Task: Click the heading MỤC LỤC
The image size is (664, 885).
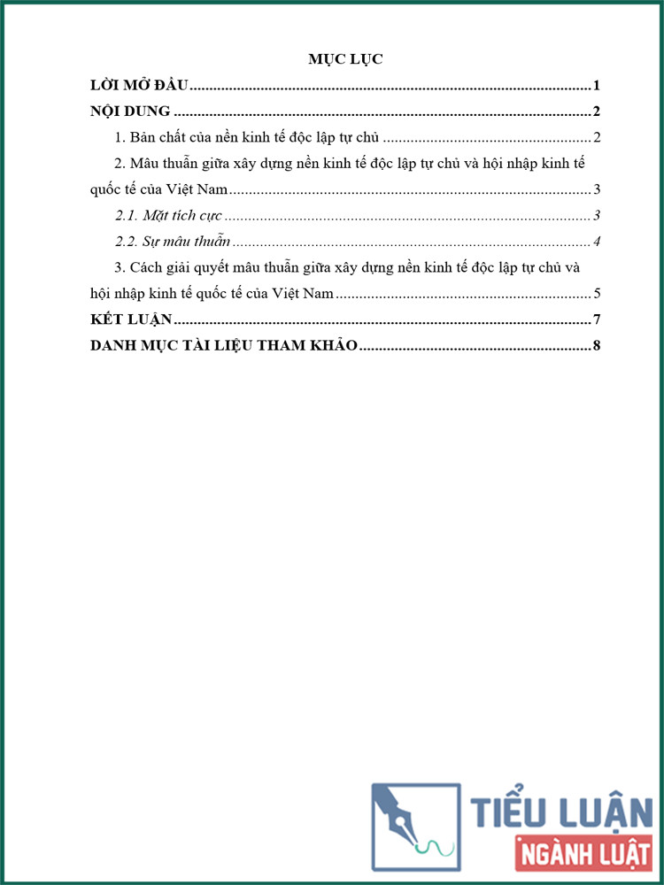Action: click(344, 59)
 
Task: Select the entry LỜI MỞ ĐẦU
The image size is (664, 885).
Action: click(140, 86)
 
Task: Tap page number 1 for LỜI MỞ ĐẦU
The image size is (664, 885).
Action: click(598, 86)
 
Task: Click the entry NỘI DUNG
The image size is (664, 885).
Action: click(130, 112)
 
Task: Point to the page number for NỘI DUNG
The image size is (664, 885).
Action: click(598, 112)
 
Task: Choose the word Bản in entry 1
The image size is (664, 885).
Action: click(143, 137)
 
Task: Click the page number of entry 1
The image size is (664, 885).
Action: click(598, 137)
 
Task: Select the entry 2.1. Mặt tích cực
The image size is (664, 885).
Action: click(169, 215)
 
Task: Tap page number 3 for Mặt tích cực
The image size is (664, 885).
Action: click(598, 215)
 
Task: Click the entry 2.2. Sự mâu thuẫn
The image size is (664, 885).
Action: click(173, 242)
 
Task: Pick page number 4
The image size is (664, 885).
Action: click(598, 242)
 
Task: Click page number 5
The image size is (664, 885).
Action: click(598, 294)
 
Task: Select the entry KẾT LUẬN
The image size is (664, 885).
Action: click(132, 319)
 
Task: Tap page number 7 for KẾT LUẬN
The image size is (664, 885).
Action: click(598, 319)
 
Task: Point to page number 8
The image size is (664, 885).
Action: click(598, 345)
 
